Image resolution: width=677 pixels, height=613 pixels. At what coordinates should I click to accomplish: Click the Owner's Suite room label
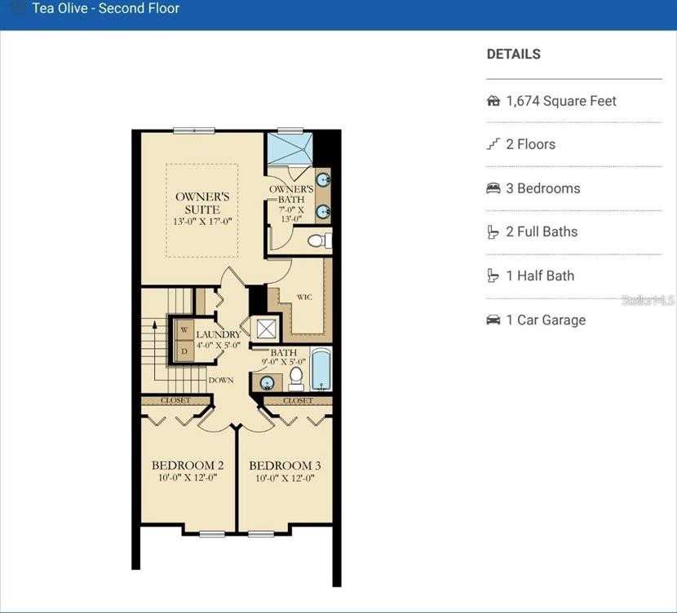pyautogui.click(x=202, y=203)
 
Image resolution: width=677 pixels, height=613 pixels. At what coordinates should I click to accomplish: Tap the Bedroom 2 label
pyautogui.click(x=188, y=465)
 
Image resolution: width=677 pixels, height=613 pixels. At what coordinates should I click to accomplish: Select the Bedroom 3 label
pyautogui.click(x=285, y=465)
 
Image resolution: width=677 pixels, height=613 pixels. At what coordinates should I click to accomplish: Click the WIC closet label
pyautogui.click(x=305, y=298)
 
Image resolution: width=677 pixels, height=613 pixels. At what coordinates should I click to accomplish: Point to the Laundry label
pyautogui.click(x=218, y=335)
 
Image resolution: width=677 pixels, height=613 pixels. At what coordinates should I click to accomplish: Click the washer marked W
pyautogui.click(x=184, y=330)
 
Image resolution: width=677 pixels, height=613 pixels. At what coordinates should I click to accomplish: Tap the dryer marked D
pyautogui.click(x=184, y=351)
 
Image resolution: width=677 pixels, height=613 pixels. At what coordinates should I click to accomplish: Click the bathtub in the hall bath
pyautogui.click(x=321, y=369)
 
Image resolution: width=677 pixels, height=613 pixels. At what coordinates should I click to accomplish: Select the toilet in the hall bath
pyautogui.click(x=296, y=377)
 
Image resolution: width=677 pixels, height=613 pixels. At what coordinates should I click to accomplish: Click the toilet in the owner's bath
pyautogui.click(x=320, y=240)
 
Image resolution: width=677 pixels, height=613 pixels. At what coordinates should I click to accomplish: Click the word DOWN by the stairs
pyautogui.click(x=221, y=380)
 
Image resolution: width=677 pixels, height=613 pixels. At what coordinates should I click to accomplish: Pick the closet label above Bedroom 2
pyautogui.click(x=175, y=400)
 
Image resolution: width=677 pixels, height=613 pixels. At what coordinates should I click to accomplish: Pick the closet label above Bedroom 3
pyautogui.click(x=298, y=400)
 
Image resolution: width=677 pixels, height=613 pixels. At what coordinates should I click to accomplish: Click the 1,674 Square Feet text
pyautogui.click(x=561, y=101)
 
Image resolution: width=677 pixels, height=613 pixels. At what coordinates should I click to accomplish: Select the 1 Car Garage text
pyautogui.click(x=546, y=320)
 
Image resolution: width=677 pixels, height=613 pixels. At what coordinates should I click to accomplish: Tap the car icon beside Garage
pyautogui.click(x=493, y=320)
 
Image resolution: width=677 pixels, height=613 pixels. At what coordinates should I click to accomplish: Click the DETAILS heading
pyautogui.click(x=513, y=55)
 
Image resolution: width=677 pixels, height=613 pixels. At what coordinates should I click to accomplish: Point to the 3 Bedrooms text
pyautogui.click(x=542, y=188)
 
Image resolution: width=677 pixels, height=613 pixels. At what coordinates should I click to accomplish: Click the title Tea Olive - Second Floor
pyautogui.click(x=105, y=9)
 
